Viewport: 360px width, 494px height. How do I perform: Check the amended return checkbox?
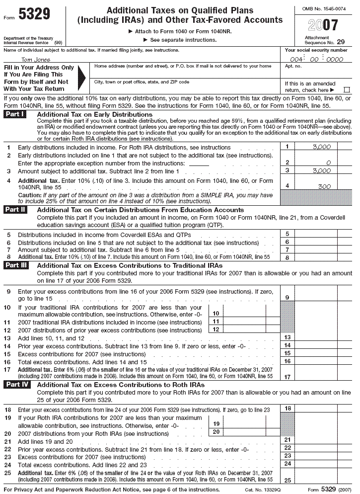click(x=347, y=90)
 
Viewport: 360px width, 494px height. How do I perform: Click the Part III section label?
click(x=16, y=266)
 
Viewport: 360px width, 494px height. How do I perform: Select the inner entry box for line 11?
click(x=244, y=322)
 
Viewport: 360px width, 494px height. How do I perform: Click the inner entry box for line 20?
click(x=244, y=432)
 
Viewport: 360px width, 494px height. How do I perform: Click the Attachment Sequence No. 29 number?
click(x=340, y=43)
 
